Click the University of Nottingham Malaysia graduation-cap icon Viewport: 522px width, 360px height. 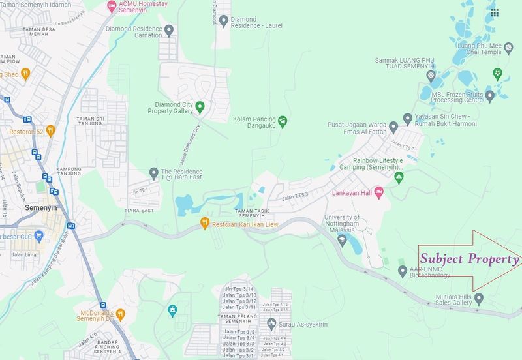click(341, 241)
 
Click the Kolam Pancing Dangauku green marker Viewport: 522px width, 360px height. click(282, 121)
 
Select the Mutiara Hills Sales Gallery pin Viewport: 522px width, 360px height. click(479, 299)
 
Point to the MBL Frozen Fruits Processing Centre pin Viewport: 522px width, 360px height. click(489, 96)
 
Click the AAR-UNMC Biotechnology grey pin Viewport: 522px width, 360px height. click(402, 271)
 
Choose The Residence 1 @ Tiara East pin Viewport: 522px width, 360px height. click(153, 173)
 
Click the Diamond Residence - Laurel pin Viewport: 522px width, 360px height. click(224, 21)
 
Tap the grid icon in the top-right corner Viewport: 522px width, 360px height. click(495, 12)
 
